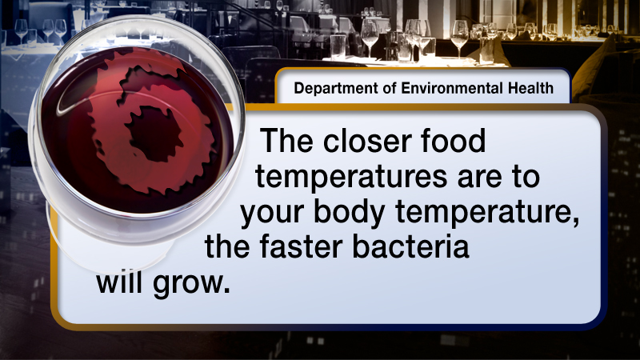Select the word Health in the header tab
tap(530, 88)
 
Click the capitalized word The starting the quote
tap(287, 141)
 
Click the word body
tap(350, 213)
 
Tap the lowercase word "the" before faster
tap(226, 246)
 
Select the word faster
tap(302, 246)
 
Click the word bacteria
tap(410, 246)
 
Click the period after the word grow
tap(226, 290)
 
